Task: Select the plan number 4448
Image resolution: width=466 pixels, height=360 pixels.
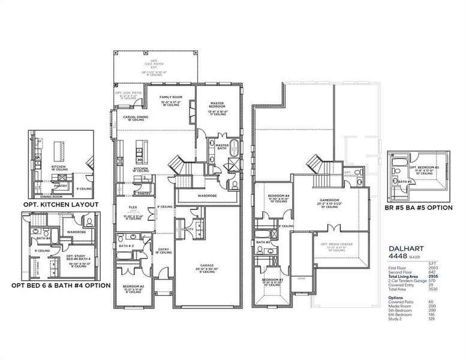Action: pyautogui.click(x=398, y=256)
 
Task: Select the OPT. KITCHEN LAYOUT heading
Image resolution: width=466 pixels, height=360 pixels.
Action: pyautogui.click(x=60, y=205)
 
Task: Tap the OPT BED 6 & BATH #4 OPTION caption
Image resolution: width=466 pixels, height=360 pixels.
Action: pyautogui.click(x=61, y=286)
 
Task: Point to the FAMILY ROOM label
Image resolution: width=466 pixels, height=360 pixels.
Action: pyautogui.click(x=171, y=97)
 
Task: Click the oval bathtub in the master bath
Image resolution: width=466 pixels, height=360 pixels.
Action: pyautogui.click(x=234, y=149)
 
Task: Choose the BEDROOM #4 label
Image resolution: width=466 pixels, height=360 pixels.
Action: pyautogui.click(x=279, y=196)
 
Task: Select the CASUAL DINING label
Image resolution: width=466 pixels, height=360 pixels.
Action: pyautogui.click(x=136, y=117)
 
